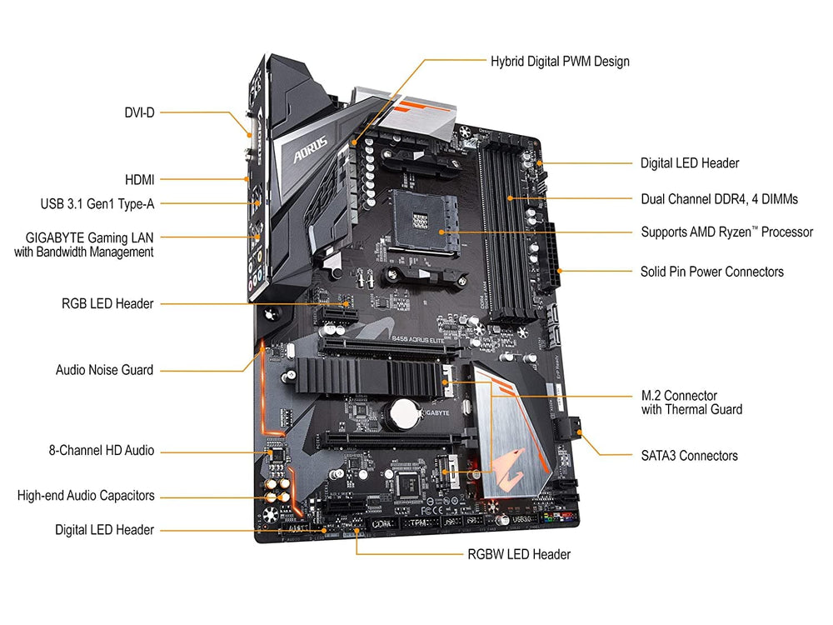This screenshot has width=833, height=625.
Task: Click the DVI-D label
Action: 139,112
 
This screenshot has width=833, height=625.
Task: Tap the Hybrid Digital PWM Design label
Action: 560,61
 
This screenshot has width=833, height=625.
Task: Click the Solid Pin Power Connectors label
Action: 711,271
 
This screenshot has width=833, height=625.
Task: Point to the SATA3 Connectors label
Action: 689,455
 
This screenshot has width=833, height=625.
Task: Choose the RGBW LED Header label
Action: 519,553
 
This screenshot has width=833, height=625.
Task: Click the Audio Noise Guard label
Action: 104,369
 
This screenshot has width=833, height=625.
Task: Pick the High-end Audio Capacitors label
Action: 86,496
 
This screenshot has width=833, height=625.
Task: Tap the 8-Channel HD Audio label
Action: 101,451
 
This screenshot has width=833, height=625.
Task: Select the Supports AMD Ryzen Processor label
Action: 726,232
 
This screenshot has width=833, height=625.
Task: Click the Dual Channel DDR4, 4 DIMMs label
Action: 719,199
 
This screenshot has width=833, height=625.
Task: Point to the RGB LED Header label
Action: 107,304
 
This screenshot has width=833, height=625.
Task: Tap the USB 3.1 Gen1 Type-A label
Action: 97,202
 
